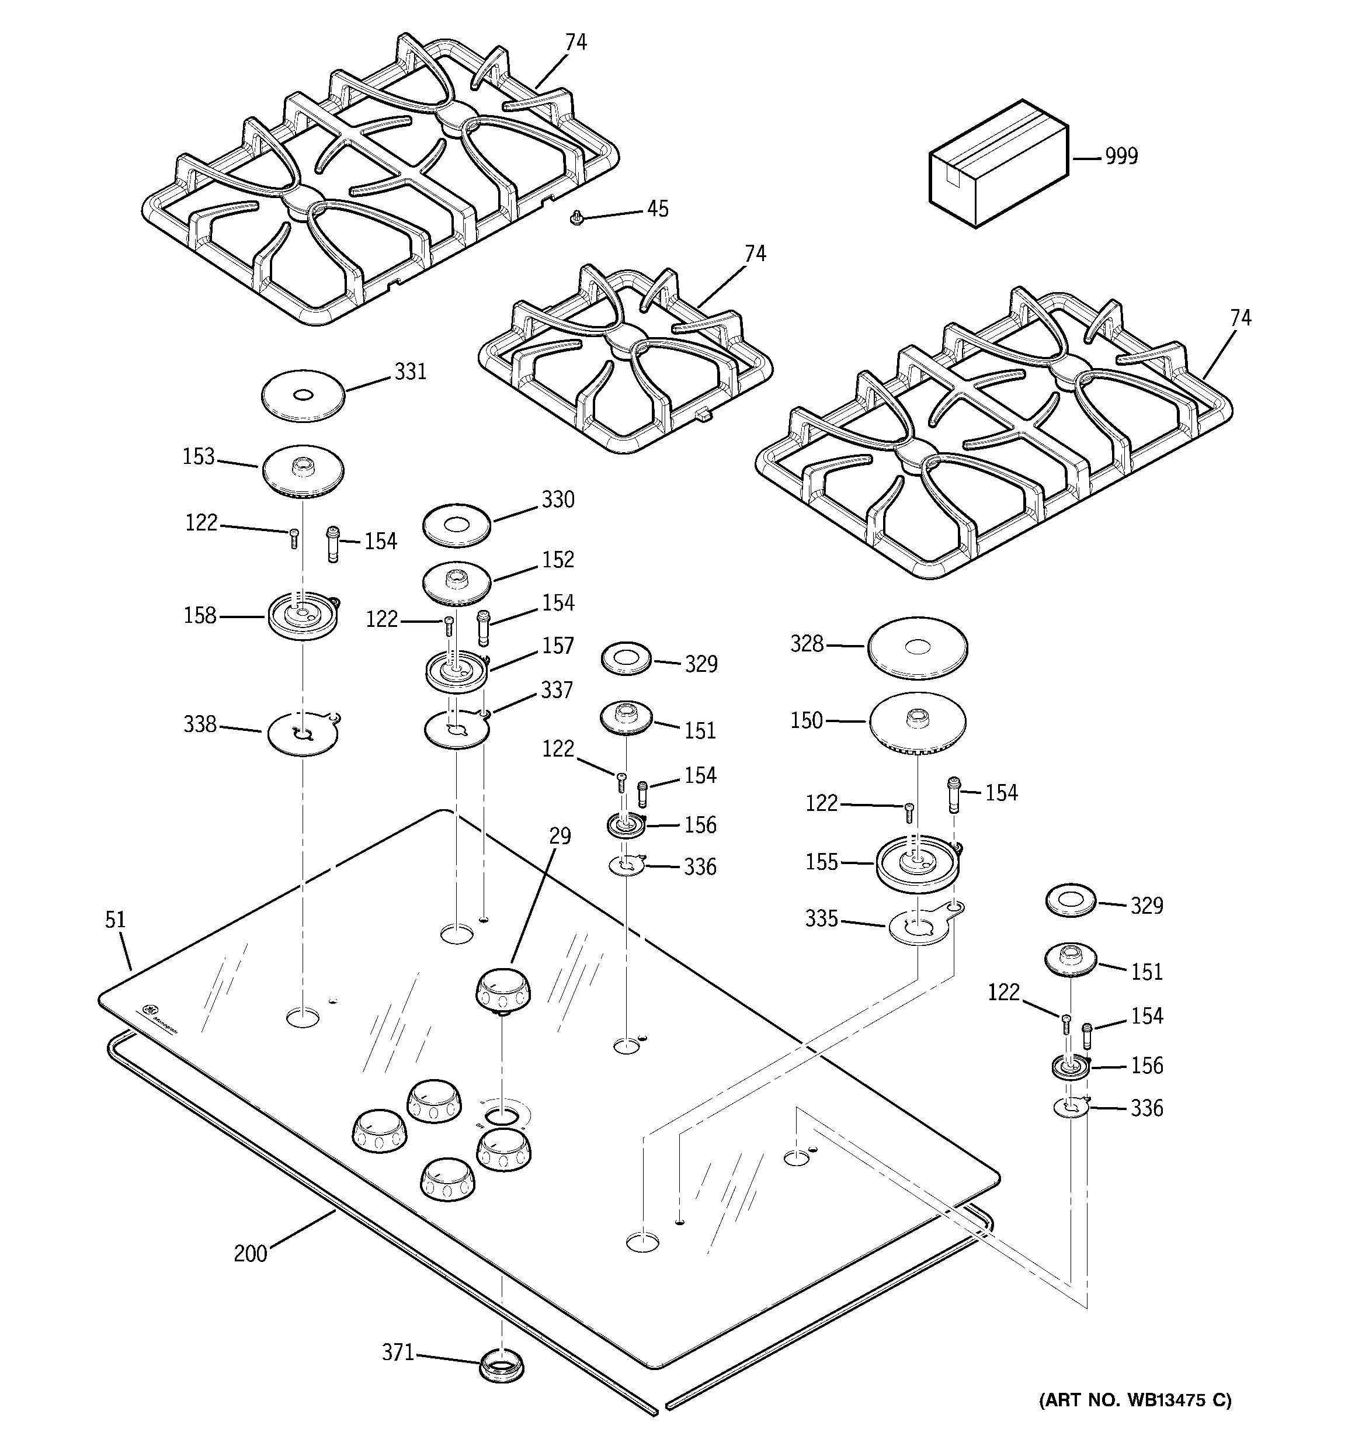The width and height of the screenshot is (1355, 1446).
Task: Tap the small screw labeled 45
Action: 577,217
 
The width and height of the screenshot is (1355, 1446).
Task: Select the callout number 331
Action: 410,372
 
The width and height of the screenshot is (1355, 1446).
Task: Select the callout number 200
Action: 250,1254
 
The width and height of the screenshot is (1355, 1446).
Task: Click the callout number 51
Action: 115,920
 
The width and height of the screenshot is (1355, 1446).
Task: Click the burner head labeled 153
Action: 302,471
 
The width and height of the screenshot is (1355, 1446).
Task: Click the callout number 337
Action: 557,689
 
